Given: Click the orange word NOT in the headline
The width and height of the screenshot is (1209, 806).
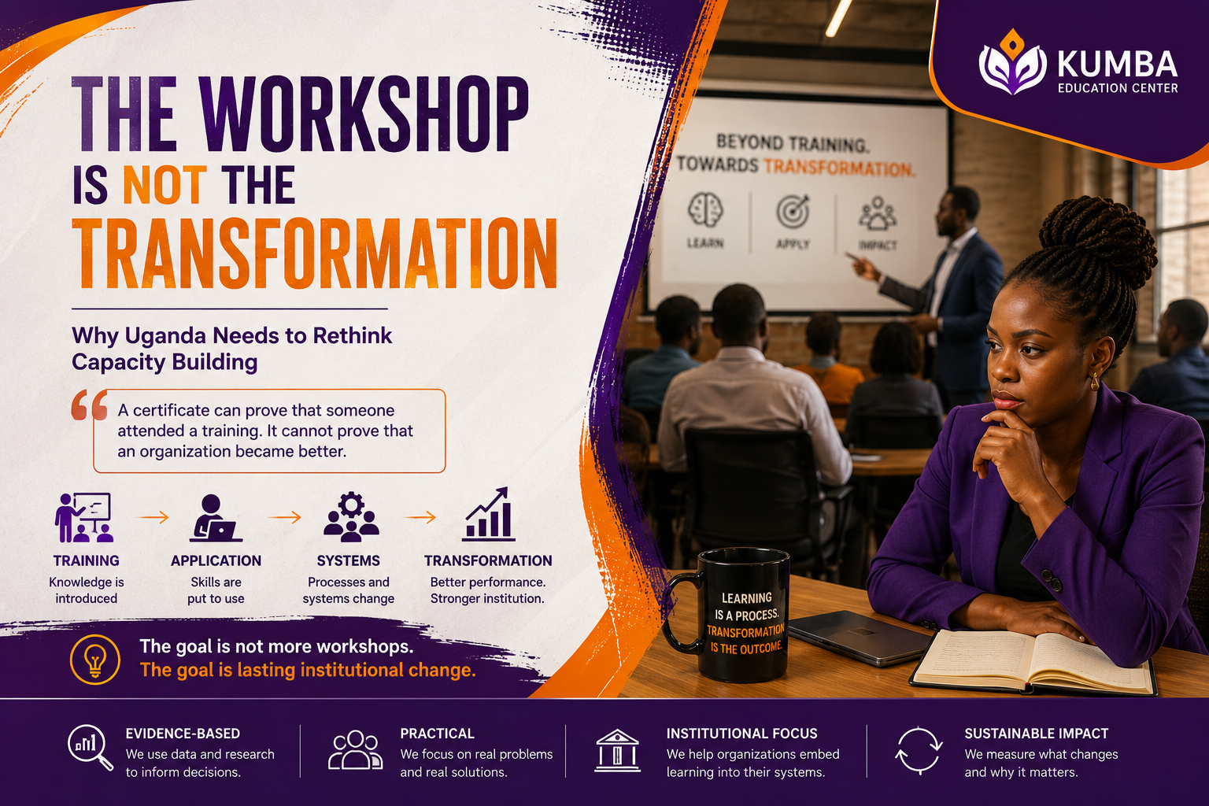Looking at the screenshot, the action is point(165,185).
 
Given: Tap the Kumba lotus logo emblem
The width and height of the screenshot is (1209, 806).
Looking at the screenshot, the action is point(1012,63).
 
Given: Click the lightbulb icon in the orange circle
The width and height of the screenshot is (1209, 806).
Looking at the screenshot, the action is point(95,659).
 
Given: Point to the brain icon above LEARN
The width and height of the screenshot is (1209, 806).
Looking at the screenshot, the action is point(705,210).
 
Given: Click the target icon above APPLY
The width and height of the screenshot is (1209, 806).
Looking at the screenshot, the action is point(793,211).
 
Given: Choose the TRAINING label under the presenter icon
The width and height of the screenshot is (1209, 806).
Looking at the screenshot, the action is point(87,561).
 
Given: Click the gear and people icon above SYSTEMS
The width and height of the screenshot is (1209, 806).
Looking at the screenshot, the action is point(351,516).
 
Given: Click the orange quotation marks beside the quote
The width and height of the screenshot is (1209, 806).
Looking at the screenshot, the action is point(90,405).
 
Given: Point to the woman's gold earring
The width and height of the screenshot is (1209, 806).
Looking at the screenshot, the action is point(1095,383).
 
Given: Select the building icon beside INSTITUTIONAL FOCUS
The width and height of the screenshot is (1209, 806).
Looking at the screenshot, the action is point(617,751).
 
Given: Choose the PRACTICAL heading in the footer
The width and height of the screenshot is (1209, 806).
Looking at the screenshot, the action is point(437,734).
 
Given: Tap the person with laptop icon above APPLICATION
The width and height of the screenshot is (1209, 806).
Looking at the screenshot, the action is point(216,518).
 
